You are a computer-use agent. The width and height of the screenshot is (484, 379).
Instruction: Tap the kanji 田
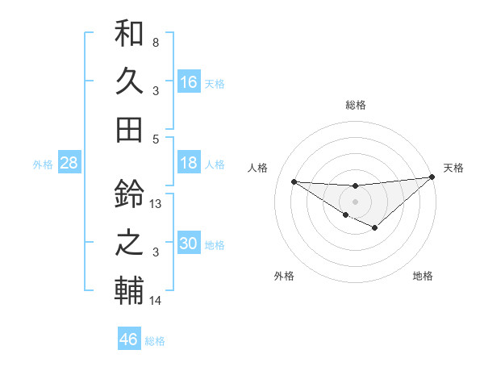click(129, 128)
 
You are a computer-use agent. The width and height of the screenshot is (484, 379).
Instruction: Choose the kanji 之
click(129, 242)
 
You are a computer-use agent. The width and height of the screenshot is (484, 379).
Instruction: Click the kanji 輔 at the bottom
click(129, 289)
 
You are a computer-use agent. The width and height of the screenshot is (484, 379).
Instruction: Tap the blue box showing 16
click(189, 81)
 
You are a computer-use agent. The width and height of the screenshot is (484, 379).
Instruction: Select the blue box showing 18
click(189, 163)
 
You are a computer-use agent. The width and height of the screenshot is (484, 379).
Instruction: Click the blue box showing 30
click(189, 244)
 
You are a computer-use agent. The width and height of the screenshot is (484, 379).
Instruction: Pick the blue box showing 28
click(69, 163)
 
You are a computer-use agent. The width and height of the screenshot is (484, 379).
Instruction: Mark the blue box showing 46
click(129, 339)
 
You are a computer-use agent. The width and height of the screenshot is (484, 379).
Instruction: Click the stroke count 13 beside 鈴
click(156, 204)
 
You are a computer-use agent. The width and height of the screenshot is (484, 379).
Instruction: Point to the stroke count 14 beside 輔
click(156, 301)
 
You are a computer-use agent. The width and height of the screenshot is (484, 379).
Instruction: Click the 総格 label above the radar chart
click(355, 106)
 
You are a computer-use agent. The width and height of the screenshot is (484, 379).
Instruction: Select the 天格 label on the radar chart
click(453, 168)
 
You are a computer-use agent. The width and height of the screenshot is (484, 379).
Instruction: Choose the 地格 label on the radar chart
click(423, 276)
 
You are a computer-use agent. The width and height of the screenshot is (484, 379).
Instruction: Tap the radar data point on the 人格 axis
click(294, 181)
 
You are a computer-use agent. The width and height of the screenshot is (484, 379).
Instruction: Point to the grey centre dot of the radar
click(355, 201)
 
